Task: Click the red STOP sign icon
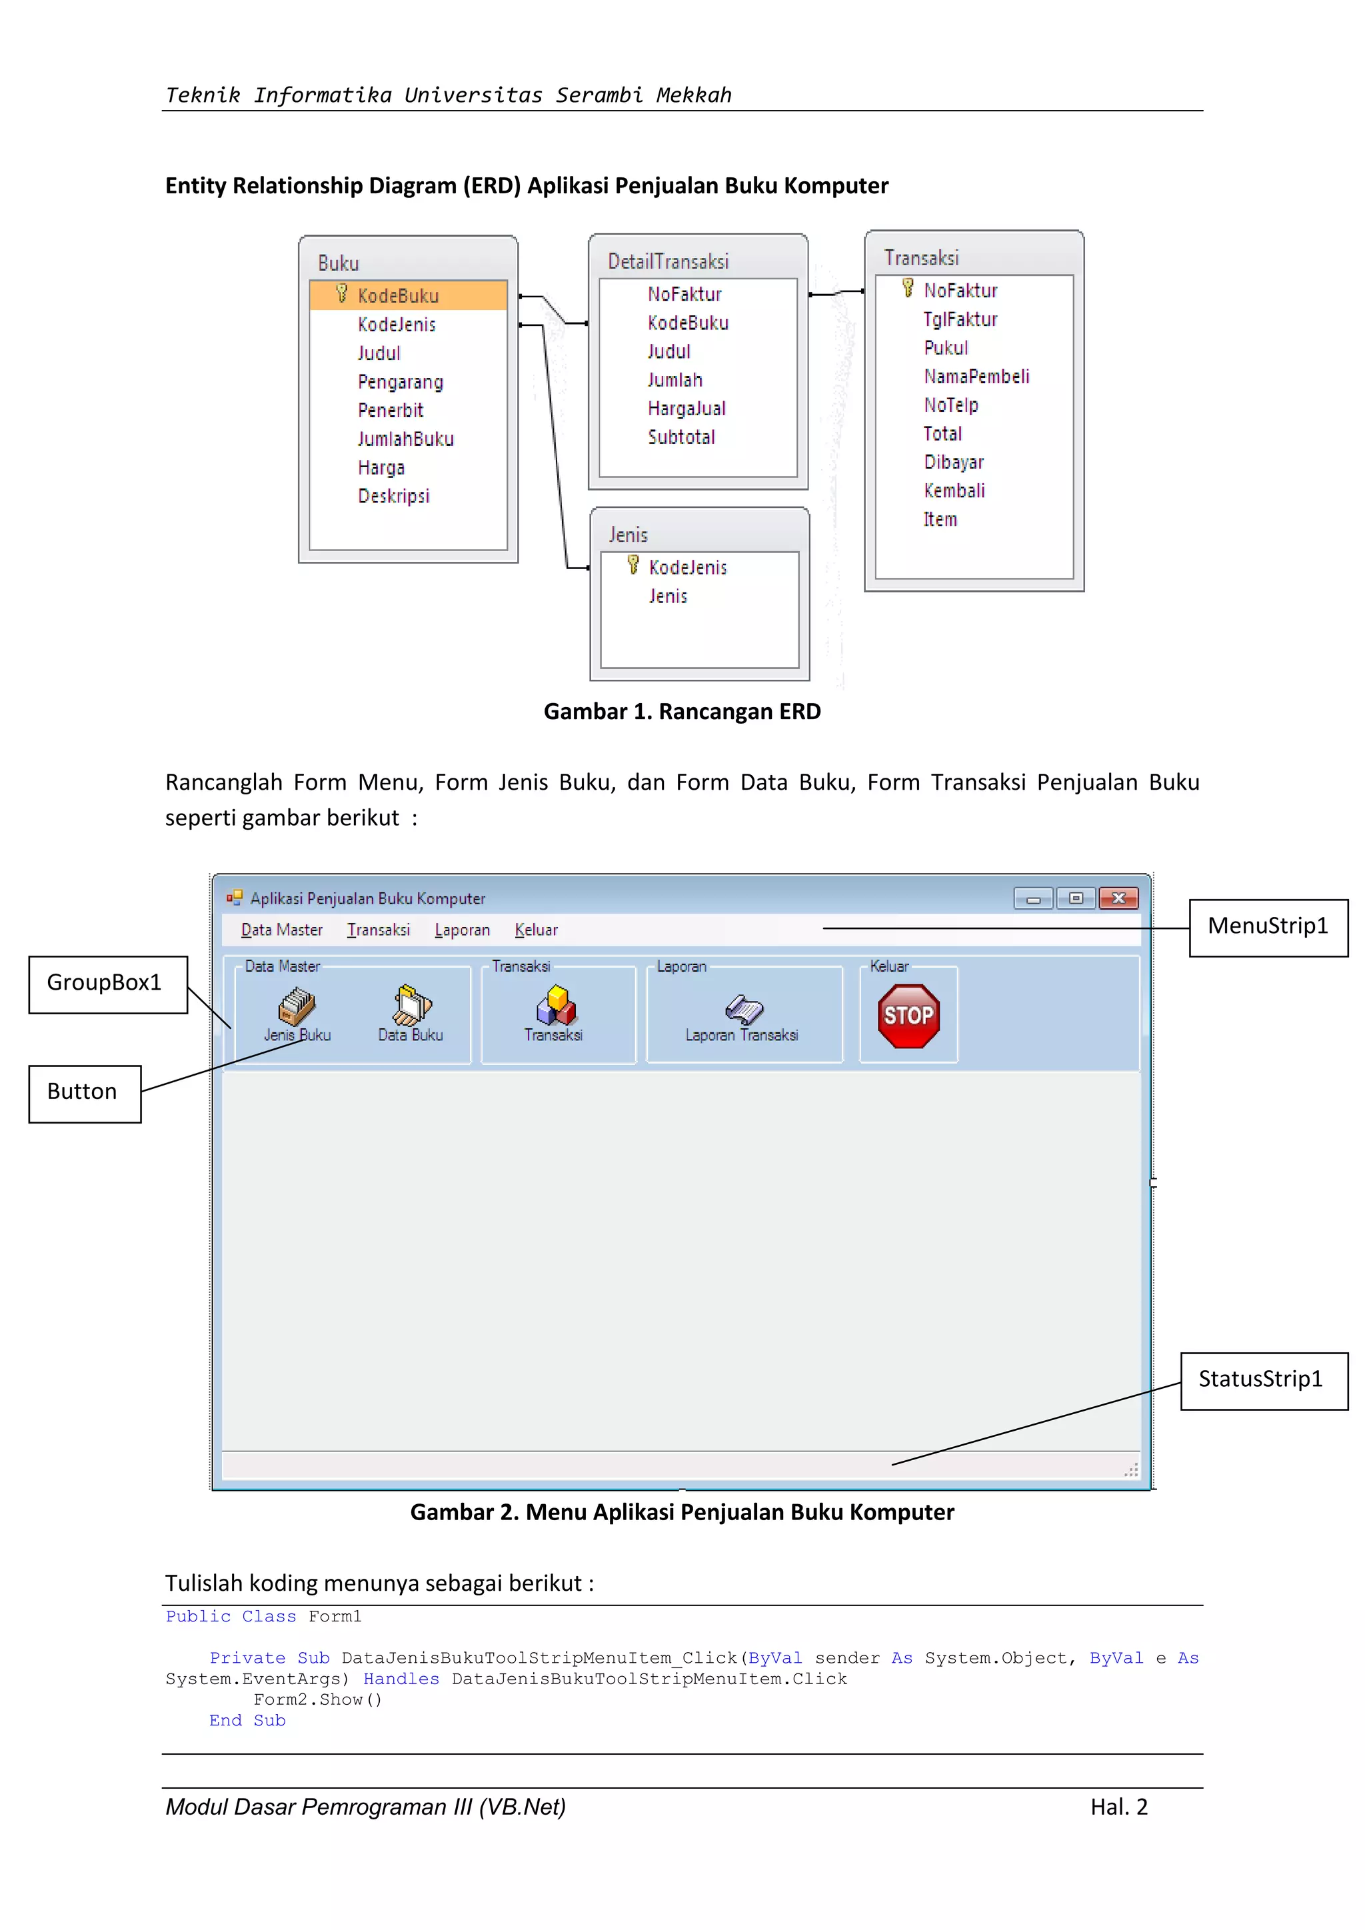click(x=908, y=1016)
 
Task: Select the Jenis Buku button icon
click(x=297, y=1006)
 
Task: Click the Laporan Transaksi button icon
click(x=744, y=1008)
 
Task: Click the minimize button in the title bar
click(x=1033, y=898)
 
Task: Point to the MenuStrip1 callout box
click(x=1268, y=926)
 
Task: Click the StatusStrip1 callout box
click(x=1261, y=1380)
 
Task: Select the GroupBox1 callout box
click(x=104, y=982)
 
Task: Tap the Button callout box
click(x=83, y=1092)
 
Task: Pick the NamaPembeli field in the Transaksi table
click(x=976, y=377)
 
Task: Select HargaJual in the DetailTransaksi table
click(x=686, y=409)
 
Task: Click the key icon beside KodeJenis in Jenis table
click(x=633, y=566)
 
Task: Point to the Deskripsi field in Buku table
click(x=393, y=496)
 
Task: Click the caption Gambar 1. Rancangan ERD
click(x=682, y=711)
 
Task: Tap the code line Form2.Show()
click(x=318, y=1699)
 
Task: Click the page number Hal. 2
click(x=1119, y=1807)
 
